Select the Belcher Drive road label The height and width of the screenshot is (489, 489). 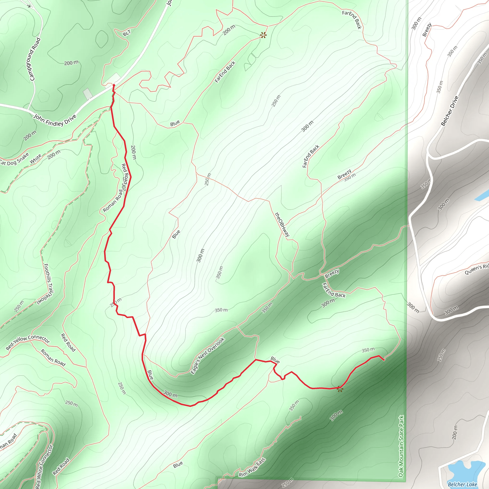pos(450,111)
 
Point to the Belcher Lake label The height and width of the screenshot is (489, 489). pos(462,484)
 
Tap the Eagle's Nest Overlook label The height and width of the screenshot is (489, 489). pos(207,356)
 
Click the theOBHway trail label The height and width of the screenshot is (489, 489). pos(282,224)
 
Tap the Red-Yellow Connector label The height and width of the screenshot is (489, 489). pos(28,342)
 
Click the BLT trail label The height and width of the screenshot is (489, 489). pos(127,33)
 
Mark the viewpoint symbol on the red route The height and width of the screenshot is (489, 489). pos(340,389)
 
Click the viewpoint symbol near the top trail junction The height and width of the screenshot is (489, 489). pos(263,35)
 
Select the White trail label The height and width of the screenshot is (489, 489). pos(35,159)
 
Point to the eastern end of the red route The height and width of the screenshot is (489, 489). pos(384,360)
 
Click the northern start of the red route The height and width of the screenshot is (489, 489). pos(114,85)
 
